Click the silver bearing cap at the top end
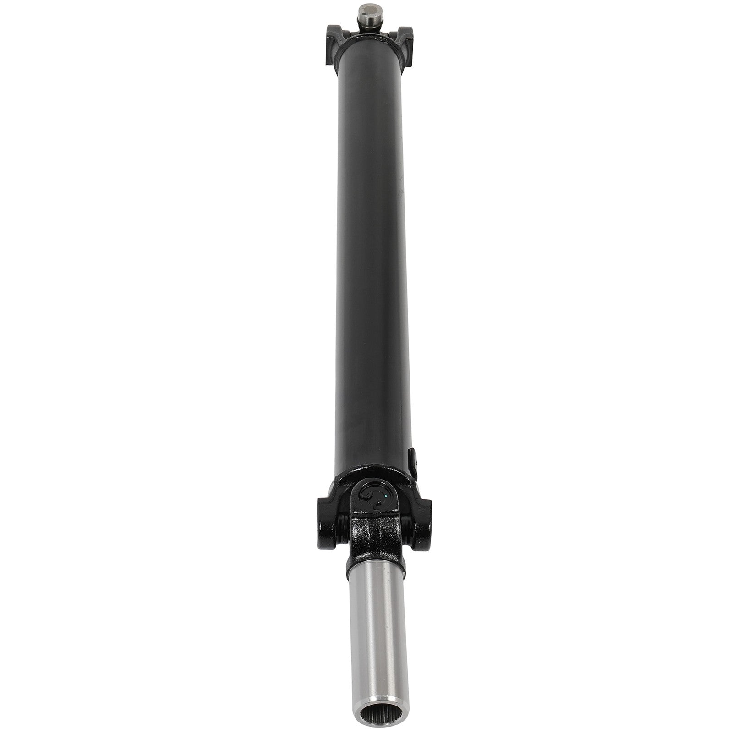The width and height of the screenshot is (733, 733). (x=366, y=11)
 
